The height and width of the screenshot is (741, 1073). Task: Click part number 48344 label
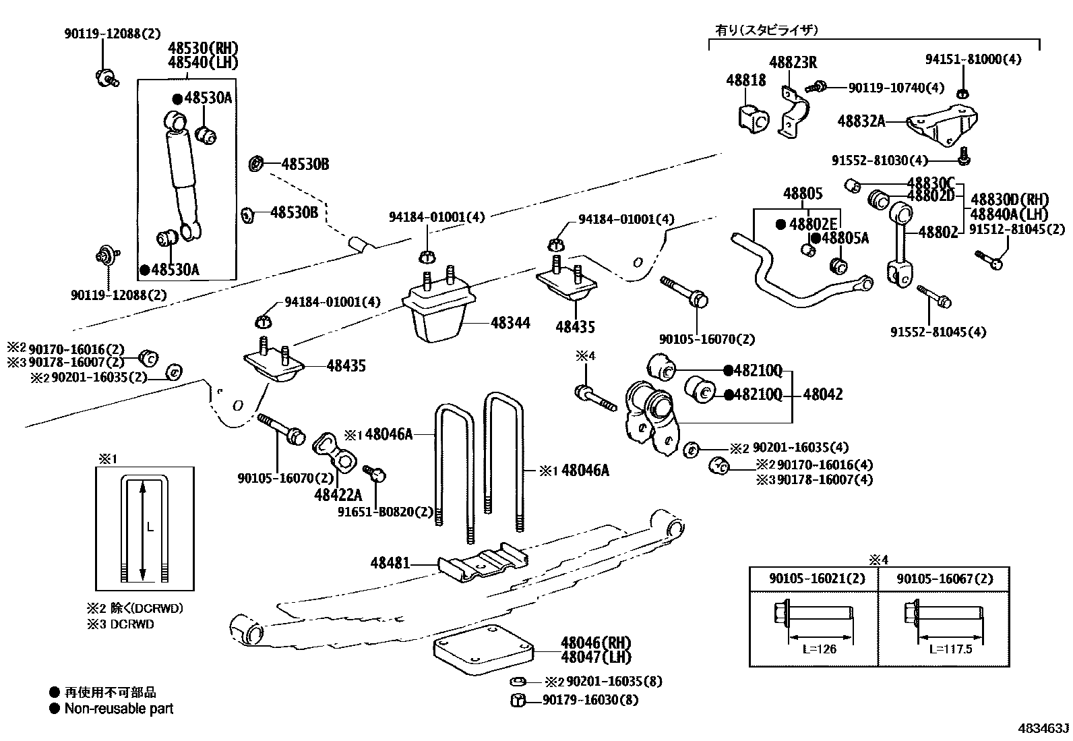coord(510,323)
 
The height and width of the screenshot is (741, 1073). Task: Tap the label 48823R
coord(793,63)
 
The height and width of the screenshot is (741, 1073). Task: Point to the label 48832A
coord(861,121)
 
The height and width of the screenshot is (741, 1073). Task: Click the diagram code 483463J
coord(1043,729)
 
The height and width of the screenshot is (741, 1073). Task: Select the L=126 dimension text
coord(819,649)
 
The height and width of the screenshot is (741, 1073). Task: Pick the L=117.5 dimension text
coord(950,649)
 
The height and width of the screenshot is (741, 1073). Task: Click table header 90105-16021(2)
coord(813,579)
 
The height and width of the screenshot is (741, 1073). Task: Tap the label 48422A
coord(338,495)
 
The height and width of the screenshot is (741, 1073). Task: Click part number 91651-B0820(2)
coord(386,511)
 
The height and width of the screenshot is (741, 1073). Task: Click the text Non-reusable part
coord(119,709)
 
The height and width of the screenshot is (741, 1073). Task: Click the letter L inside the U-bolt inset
coord(150,527)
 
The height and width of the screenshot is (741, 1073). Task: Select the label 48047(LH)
coord(596,656)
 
